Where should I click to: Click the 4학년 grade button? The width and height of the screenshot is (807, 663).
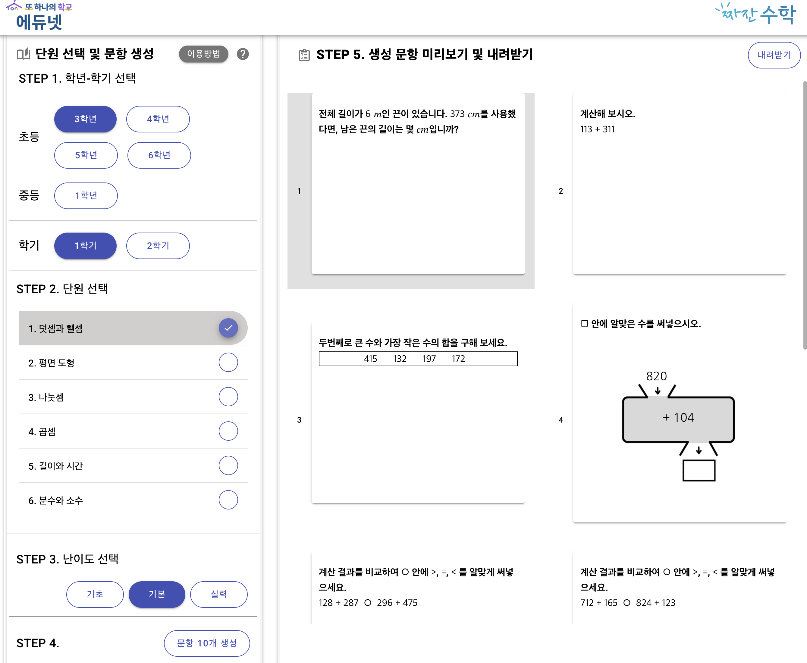[x=158, y=119]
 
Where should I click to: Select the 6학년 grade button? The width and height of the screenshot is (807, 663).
[x=159, y=155]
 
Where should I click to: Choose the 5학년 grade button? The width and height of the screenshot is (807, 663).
[x=86, y=155]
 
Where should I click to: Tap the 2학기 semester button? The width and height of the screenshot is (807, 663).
[x=158, y=246]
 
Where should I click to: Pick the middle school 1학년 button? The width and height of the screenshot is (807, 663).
[x=86, y=195]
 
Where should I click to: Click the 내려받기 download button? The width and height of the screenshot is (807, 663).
[x=774, y=55]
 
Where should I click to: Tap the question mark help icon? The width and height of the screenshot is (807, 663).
[x=243, y=54]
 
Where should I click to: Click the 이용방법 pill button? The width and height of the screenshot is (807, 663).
[x=203, y=54]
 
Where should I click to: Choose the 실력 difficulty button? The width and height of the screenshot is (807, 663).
[x=219, y=594]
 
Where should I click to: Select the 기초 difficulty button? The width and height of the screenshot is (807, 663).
[x=95, y=594]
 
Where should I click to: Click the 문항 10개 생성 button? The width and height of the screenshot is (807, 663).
[x=207, y=643]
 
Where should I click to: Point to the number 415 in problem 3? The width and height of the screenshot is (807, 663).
[x=370, y=359]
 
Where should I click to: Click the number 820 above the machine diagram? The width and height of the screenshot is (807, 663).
[x=656, y=376]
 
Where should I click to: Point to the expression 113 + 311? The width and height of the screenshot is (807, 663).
[x=597, y=129]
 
